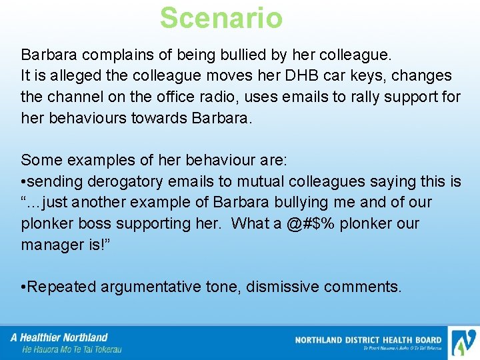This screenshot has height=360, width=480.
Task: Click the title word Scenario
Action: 221,18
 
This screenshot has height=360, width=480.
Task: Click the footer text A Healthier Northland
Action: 59,337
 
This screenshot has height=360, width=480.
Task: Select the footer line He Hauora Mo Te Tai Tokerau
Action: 71,349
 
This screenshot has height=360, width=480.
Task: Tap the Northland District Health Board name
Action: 368,340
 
